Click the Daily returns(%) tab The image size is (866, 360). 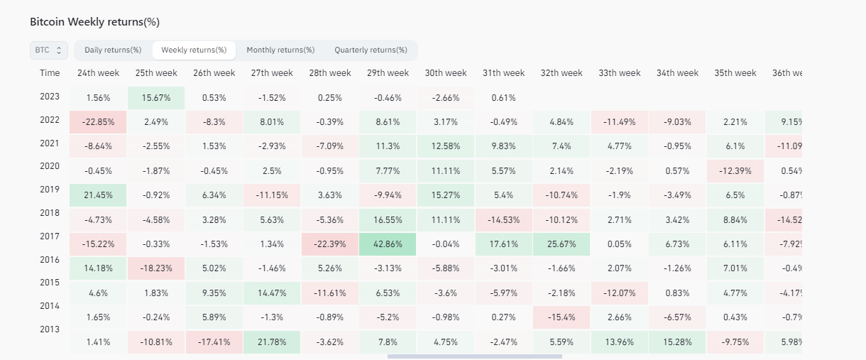point(113,50)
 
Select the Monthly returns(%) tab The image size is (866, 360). point(280,50)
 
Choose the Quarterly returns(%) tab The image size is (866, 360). point(371,50)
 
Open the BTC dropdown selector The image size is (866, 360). point(49,50)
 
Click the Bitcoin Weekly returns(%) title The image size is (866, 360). point(94,22)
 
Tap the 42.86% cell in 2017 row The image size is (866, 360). point(388,244)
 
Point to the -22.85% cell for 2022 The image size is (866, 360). point(98,122)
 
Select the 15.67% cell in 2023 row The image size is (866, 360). point(156,98)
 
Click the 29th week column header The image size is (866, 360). point(388,73)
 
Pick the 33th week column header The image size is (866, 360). point(620,73)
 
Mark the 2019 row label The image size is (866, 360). point(50,190)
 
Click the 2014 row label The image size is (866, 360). point(50,305)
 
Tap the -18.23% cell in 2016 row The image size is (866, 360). point(156,268)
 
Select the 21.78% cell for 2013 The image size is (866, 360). point(272,342)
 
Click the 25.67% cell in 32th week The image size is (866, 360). point(561,244)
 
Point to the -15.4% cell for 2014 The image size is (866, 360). point(561,317)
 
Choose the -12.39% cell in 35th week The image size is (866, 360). point(735,171)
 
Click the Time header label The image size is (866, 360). point(50,73)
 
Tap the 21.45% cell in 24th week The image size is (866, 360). point(98,195)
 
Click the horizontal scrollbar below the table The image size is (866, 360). point(474,356)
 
